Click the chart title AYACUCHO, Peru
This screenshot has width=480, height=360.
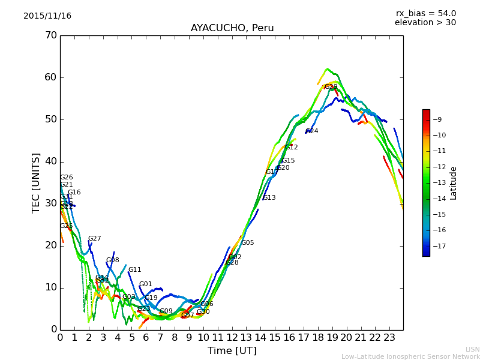pos(232,28)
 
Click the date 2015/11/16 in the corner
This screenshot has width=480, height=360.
pos(47,16)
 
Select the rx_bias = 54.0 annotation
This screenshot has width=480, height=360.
pos(425,13)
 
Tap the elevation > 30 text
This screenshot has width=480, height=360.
pos(425,23)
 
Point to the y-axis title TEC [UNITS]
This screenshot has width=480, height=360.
pos(36,182)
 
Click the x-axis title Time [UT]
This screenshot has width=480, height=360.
pos(232,350)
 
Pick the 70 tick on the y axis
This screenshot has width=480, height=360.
pos(50,35)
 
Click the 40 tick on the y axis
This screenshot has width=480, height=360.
pos(50,161)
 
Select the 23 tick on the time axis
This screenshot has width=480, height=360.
pos(389,338)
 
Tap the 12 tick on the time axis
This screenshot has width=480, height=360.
pos(232,338)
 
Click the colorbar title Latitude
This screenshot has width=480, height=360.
pos(454,182)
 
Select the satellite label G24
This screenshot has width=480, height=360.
pos(312,131)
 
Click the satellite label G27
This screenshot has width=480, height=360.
pos(95,239)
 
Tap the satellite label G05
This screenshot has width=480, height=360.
pos(248,243)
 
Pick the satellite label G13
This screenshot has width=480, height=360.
pos(269,198)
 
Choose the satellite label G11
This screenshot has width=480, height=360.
pos(135,270)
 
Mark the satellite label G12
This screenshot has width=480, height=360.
pos(292,148)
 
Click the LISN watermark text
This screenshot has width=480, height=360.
pos(472,349)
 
